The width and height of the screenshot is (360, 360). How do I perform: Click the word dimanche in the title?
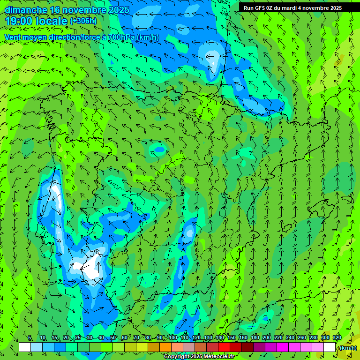tap(26, 10)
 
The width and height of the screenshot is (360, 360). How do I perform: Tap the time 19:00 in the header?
tap(18, 21)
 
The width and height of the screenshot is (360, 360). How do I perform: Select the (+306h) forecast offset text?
tap(83, 21)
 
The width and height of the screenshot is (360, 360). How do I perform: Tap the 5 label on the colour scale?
tap(30, 338)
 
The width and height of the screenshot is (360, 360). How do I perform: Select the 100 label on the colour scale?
tap(172, 338)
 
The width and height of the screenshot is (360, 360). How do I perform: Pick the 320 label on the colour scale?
tap(337, 338)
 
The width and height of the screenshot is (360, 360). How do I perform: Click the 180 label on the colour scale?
tap(255, 338)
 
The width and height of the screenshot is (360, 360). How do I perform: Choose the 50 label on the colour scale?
tap(113, 338)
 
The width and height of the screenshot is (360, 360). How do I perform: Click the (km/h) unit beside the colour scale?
tap(347, 348)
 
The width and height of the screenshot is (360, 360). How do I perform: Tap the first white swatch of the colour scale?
tap(25, 347)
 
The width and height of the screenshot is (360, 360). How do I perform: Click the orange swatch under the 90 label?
tap(165, 347)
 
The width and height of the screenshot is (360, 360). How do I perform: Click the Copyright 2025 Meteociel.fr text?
tap(199, 357)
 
